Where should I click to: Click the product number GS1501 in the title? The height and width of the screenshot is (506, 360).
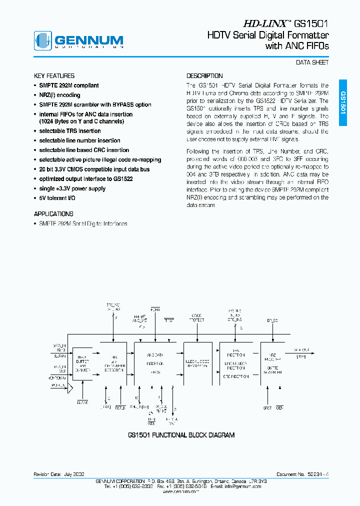[311, 23]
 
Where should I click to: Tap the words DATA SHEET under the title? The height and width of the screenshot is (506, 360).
[312, 62]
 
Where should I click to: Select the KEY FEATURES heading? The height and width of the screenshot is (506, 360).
[54, 76]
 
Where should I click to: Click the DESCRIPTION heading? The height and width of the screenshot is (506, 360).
[204, 76]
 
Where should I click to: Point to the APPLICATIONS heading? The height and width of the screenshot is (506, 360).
[53, 214]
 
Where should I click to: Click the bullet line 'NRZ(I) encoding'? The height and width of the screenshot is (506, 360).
[59, 95]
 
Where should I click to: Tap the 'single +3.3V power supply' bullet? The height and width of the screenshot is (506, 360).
[72, 188]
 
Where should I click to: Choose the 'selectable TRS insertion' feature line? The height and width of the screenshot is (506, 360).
[70, 131]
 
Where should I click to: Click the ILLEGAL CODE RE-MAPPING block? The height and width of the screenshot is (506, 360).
[198, 363]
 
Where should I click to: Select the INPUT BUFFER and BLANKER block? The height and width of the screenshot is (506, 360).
[82, 364]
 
